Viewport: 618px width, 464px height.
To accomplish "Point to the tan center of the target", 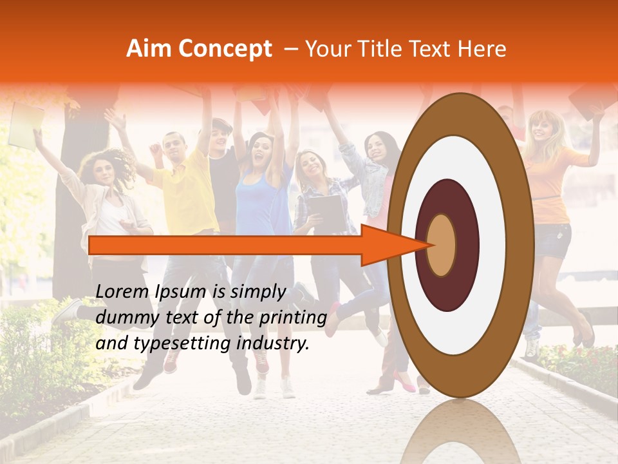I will [x=441, y=245].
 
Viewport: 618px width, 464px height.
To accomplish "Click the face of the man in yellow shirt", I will [x=174, y=147].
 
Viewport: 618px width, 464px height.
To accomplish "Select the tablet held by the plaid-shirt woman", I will [x=326, y=213].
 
